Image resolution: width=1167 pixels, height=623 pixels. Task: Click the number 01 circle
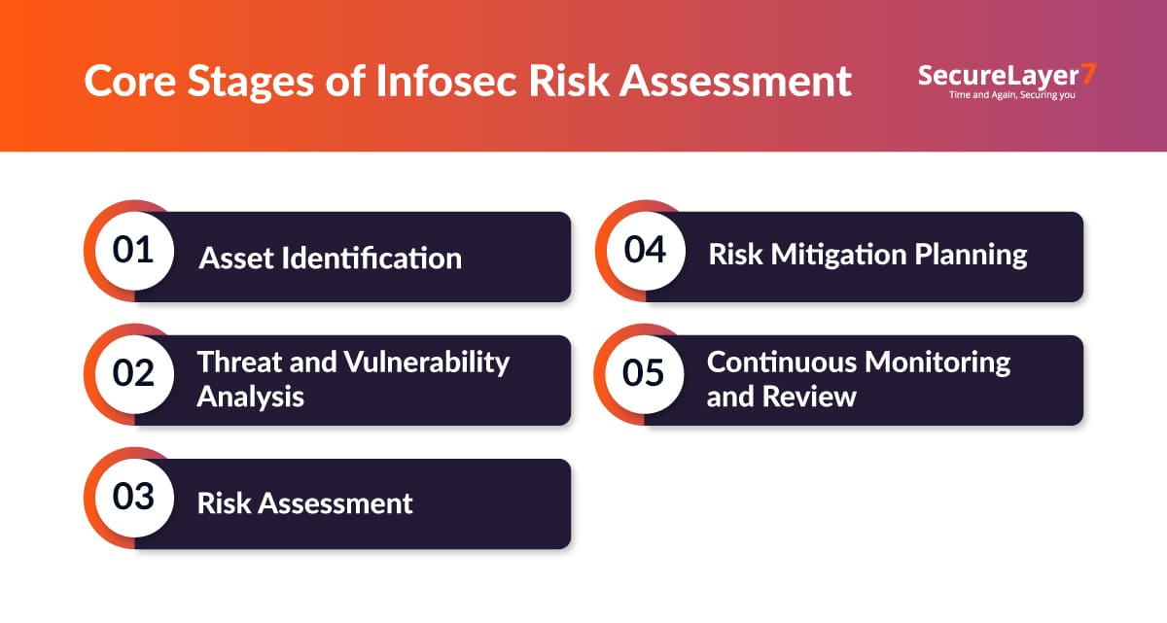pos(134,251)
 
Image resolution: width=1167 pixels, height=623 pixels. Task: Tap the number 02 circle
pos(134,374)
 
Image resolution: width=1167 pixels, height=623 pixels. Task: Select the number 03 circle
pos(134,498)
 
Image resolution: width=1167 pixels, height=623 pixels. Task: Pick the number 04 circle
pos(646,251)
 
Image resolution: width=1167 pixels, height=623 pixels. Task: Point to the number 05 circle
pos(645,374)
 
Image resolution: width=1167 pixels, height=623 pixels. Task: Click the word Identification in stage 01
pos(371,259)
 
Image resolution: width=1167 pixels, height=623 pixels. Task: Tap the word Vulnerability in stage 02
pos(427,363)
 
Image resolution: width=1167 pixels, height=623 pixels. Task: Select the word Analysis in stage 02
pos(251,398)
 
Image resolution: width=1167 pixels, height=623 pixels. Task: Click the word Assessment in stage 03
pos(336,503)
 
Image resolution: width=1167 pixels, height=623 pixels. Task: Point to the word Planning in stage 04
pos(971,255)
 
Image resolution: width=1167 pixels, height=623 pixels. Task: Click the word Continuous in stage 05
pos(782,363)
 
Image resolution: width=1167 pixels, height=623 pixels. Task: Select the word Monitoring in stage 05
pos(937,363)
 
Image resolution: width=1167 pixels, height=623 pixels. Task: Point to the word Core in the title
pos(130,82)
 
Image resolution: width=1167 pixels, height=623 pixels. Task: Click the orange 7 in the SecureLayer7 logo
pos(1089,74)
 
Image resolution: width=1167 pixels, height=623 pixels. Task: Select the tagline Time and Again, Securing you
pos(1012,95)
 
